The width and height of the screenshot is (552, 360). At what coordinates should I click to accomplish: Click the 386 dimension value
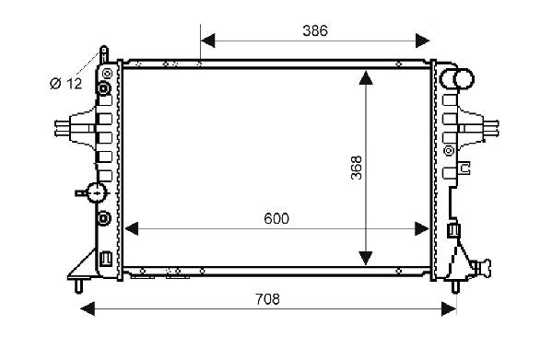pyautogui.click(x=315, y=31)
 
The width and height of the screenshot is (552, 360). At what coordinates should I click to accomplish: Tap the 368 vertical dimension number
pyautogui.click(x=357, y=168)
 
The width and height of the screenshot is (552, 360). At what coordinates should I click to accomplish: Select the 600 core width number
pyautogui.click(x=276, y=219)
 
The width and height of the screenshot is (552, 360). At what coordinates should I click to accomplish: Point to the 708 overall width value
pyautogui.click(x=267, y=299)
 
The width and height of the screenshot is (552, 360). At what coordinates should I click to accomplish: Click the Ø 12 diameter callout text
pyautogui.click(x=65, y=84)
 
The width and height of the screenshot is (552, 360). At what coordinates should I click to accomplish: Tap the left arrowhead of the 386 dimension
pyautogui.click(x=207, y=41)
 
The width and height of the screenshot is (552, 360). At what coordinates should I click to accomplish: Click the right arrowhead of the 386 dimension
pyautogui.click(x=422, y=41)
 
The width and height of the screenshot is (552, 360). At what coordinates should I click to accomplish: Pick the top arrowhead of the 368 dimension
pyautogui.click(x=366, y=77)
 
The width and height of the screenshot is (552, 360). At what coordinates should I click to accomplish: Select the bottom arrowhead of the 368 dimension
pyautogui.click(x=366, y=259)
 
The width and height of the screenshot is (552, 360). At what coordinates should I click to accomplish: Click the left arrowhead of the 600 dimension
pyautogui.click(x=132, y=229)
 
